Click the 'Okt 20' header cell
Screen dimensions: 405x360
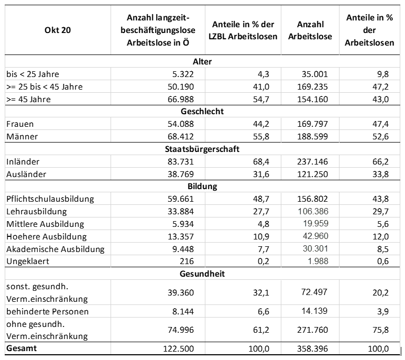point(58,30)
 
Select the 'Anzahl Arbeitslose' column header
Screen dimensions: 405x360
point(310,30)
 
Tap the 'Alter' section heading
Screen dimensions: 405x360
point(202,61)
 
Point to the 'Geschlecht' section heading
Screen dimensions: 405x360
point(202,111)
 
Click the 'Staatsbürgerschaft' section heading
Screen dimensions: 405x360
point(202,149)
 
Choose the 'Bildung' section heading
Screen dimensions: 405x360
point(202,186)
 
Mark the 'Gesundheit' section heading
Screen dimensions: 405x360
point(202,274)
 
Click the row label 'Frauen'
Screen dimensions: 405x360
point(20,124)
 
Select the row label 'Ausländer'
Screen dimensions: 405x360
point(26,174)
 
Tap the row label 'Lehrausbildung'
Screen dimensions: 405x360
point(37,212)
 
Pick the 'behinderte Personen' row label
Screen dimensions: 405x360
point(47,311)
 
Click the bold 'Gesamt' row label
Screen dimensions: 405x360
point(21,348)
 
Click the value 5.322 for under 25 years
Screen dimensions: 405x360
point(183,74)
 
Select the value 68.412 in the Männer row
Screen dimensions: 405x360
point(181,136)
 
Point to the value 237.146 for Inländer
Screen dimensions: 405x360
point(312,162)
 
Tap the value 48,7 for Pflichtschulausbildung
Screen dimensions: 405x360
point(261,199)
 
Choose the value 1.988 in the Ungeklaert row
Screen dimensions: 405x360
point(318,261)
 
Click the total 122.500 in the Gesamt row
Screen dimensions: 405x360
point(178,348)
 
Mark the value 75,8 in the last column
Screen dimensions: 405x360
point(380,330)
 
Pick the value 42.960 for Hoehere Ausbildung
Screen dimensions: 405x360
point(315,236)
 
